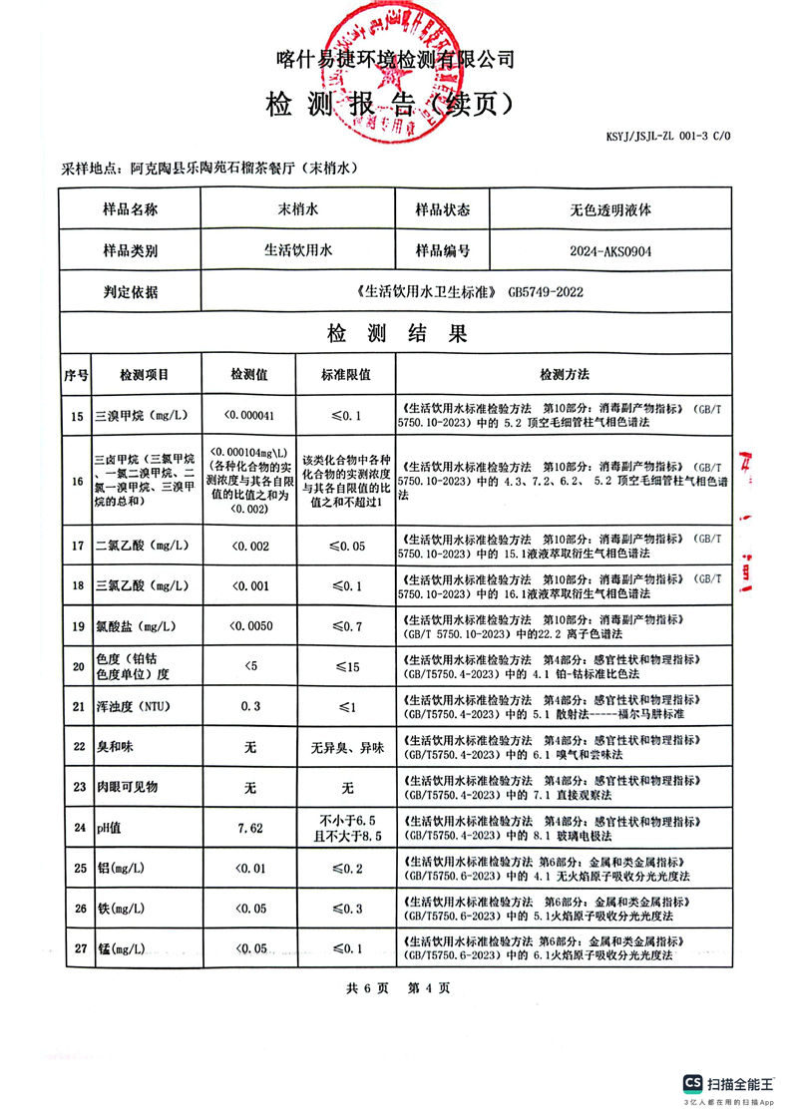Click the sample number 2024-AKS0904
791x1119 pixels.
(609, 251)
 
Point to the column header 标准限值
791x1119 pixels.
(346, 375)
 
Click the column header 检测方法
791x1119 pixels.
(564, 375)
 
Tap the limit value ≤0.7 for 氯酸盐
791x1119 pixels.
(346, 626)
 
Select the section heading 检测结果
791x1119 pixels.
(397, 334)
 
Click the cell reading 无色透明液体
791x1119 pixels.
(609, 210)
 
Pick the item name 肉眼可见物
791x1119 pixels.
(127, 787)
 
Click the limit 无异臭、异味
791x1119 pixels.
(346, 747)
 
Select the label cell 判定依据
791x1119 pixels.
(131, 292)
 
